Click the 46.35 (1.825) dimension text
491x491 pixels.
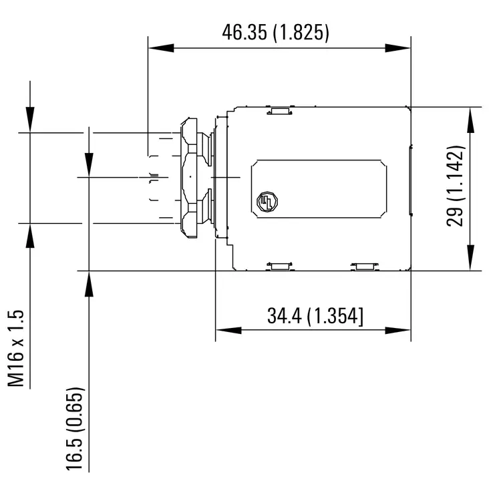point(275,32)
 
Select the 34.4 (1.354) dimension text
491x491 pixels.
point(315,316)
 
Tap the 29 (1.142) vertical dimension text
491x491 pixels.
point(456,186)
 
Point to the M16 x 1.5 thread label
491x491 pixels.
point(16,348)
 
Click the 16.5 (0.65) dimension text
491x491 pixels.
point(75,429)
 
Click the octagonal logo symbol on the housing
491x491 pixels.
point(267,202)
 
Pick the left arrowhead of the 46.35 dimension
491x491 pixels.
point(161,48)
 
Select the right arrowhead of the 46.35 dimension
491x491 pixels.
point(397,48)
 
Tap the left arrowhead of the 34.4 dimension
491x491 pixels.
point(228,330)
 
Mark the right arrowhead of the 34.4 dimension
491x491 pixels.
point(397,330)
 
